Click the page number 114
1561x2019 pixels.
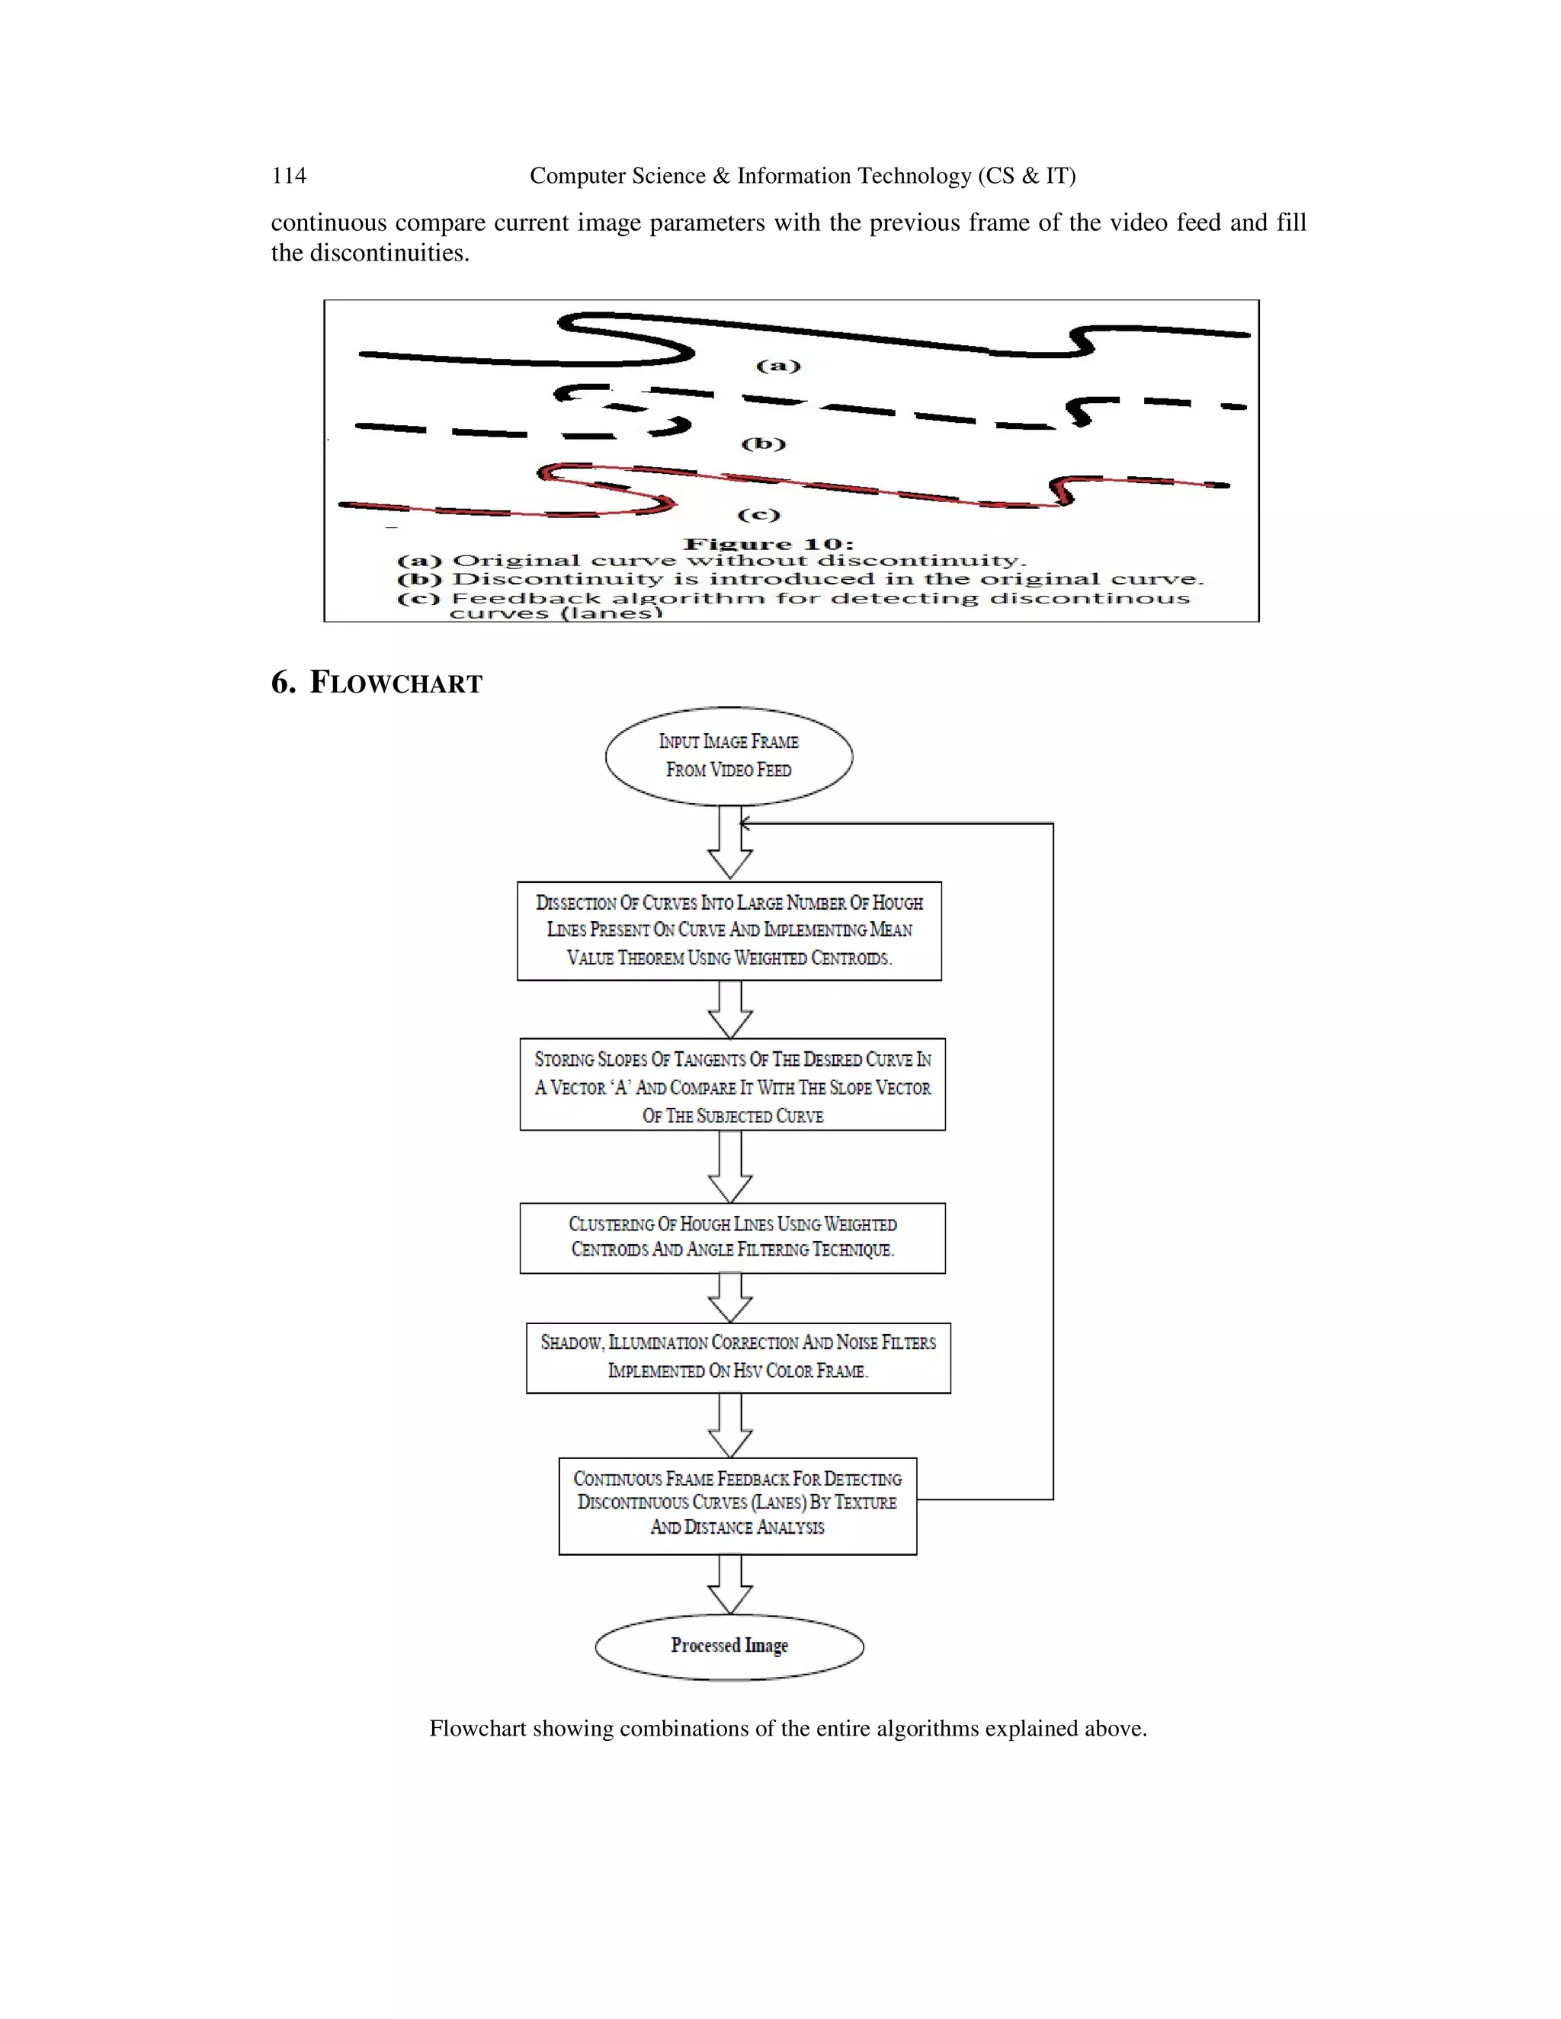pos(289,176)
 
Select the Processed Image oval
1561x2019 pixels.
pos(729,1646)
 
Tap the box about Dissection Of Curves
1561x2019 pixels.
pos(729,930)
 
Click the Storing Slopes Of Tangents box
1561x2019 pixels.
pos(732,1084)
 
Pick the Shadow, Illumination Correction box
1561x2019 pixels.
pos(738,1357)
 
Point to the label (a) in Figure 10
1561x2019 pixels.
pos(777,366)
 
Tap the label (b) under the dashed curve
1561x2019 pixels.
pos(764,443)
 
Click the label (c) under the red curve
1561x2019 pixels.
pos(758,515)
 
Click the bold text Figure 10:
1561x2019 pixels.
pos(768,545)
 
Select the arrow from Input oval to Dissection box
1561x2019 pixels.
pos(729,843)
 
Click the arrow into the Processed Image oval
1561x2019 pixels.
pos(729,1585)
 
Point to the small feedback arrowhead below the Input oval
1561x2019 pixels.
pos(745,823)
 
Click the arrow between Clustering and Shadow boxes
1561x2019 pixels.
pos(729,1298)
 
